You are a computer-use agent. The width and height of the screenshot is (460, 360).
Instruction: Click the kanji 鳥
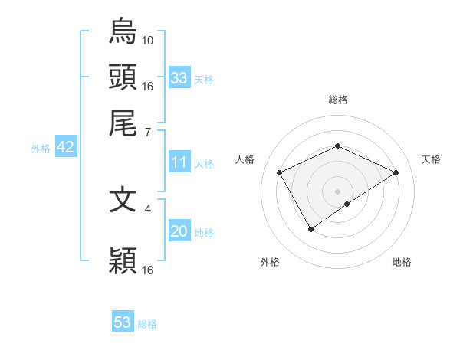[x=123, y=31]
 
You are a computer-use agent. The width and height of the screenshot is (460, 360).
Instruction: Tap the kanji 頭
[x=123, y=77]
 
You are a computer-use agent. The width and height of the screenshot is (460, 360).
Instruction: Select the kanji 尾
[x=123, y=123]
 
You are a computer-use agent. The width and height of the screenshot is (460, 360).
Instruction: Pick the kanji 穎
[x=123, y=261]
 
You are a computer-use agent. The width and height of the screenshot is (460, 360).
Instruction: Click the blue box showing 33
[x=179, y=78]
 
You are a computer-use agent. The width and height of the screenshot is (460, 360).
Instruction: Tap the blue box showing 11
[x=179, y=162]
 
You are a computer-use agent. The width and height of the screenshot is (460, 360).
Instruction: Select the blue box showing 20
[x=179, y=232]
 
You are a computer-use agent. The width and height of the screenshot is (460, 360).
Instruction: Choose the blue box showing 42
[x=65, y=148]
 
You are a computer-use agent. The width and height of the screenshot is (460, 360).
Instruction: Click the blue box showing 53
[x=123, y=322]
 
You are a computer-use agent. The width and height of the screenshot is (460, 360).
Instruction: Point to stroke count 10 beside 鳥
[x=148, y=39]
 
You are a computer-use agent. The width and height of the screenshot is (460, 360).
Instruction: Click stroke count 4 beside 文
[x=148, y=207]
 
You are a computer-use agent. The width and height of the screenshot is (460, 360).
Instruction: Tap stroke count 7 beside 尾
[x=148, y=133]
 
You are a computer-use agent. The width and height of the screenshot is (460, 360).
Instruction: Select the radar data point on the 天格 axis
[x=396, y=172]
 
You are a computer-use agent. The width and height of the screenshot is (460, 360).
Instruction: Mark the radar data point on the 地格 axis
[x=347, y=204]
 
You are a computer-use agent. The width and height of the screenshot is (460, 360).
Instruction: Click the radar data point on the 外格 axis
[x=310, y=228]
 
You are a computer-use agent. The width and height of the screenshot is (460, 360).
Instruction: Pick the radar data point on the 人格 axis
[x=280, y=173]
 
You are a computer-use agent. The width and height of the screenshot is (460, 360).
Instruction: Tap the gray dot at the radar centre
[x=337, y=191]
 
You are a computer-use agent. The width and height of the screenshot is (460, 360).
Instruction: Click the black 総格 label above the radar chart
[x=337, y=100]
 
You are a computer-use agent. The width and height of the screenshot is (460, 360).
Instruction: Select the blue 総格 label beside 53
[x=147, y=324]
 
